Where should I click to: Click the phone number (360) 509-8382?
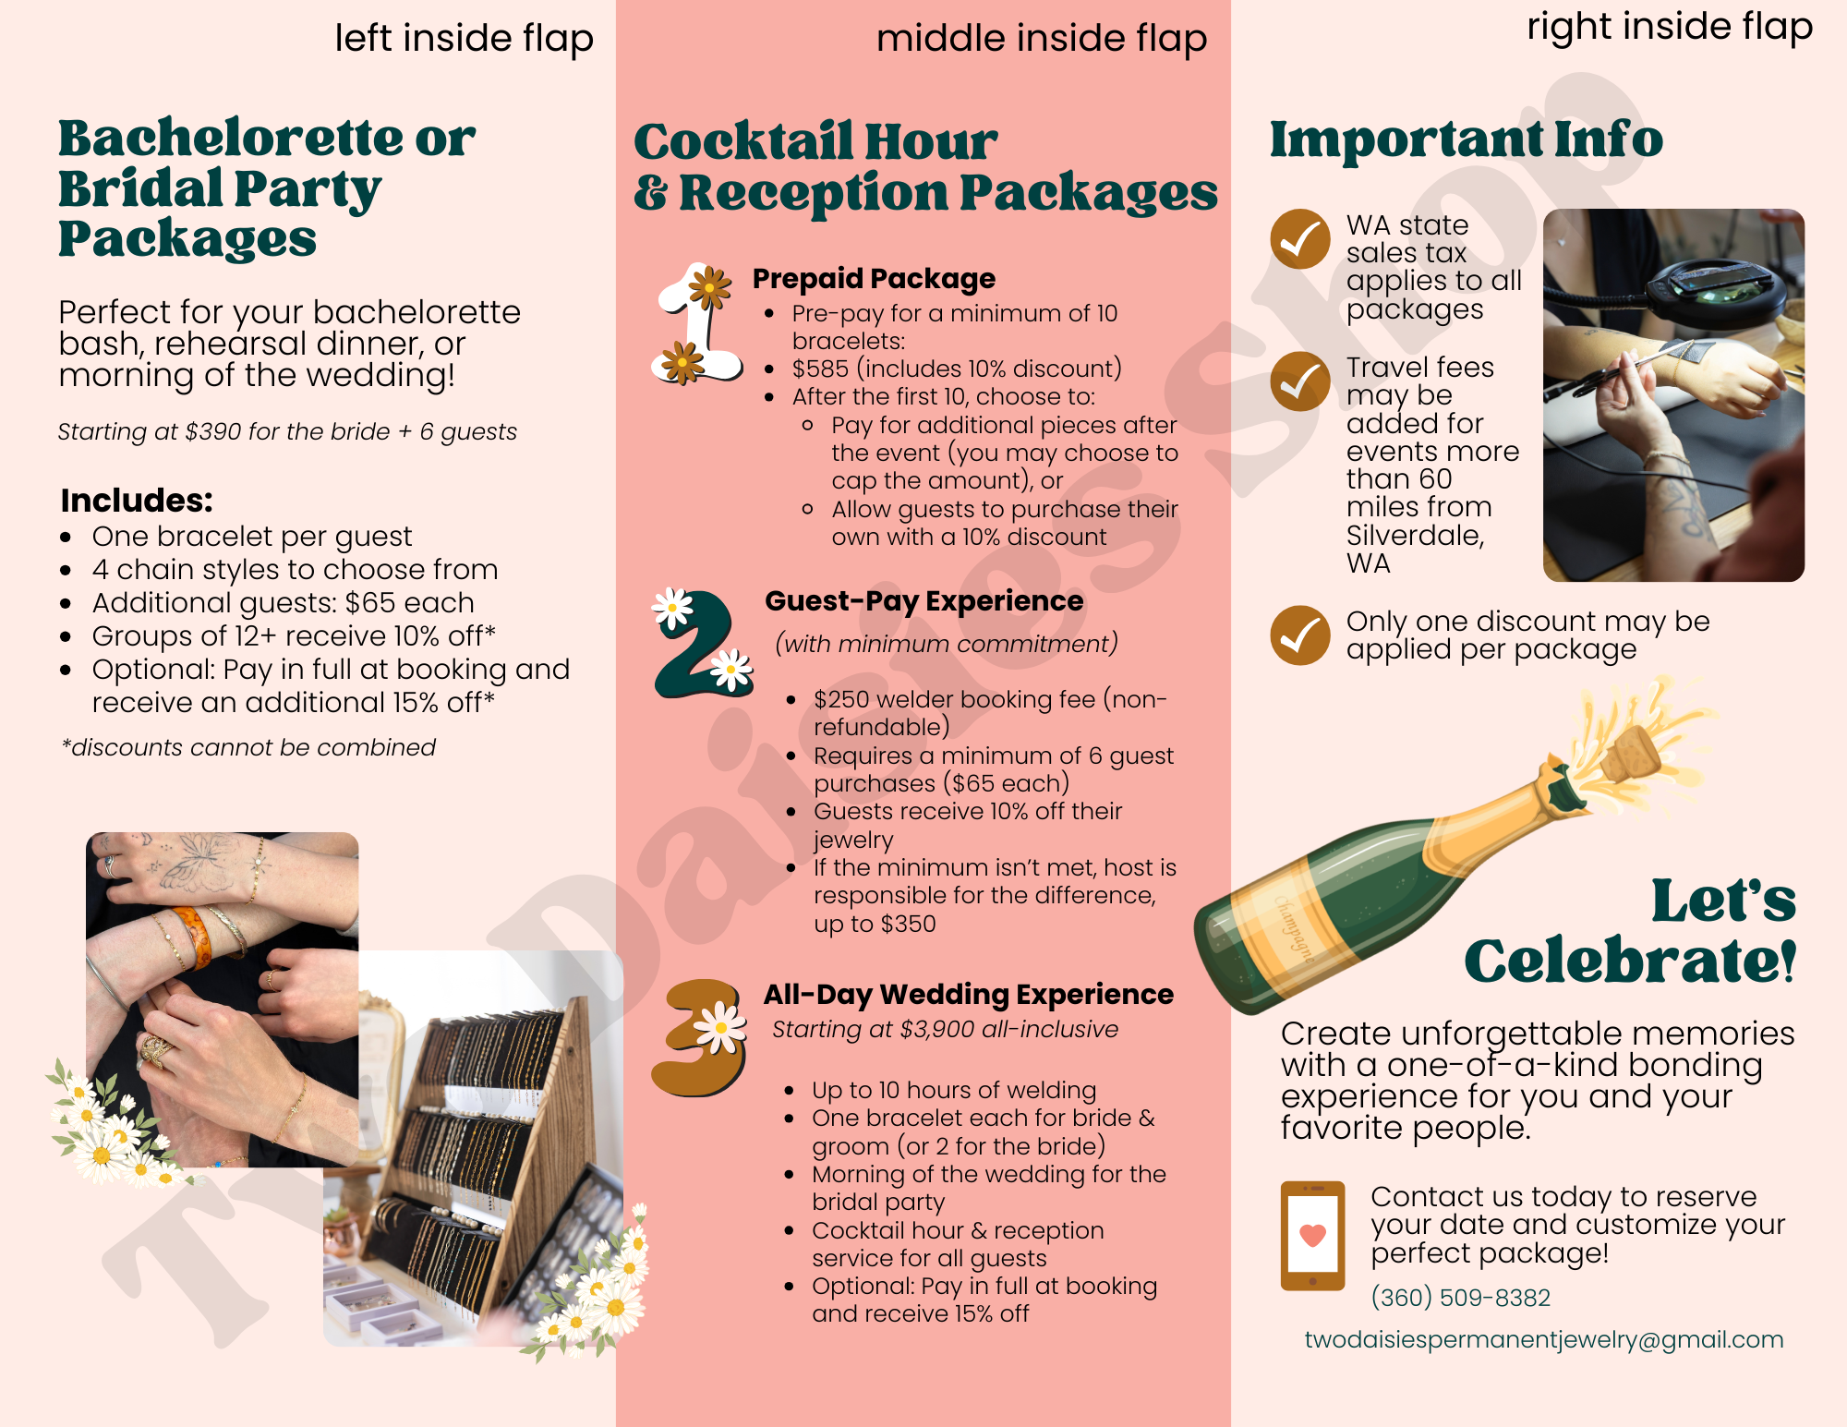pos(1460,1298)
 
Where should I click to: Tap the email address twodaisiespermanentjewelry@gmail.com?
pos(1543,1340)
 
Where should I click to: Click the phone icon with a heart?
pos(1312,1236)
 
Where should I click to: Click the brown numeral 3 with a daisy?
pos(700,1037)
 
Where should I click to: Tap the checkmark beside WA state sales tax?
pos(1300,239)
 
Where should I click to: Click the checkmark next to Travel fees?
pos(1300,381)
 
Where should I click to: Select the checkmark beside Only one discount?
pos(1300,635)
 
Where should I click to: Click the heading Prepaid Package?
pos(874,278)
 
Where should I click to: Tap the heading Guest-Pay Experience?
pos(924,601)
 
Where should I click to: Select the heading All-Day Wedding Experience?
pos(969,995)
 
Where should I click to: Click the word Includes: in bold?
pos(137,501)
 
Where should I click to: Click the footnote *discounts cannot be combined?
pos(248,747)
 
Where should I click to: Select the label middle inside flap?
pos(1042,39)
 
